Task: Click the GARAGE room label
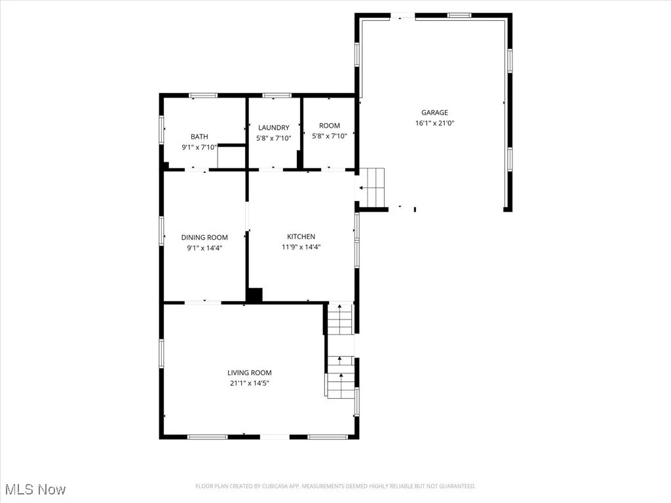[x=434, y=113]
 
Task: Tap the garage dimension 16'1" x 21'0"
[x=434, y=123]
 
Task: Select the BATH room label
[x=199, y=137]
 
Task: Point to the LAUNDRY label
[x=273, y=128]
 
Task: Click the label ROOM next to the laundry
[x=330, y=126]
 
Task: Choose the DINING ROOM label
[x=204, y=237]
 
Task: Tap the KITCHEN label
[x=301, y=236]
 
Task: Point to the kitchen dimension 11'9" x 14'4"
[x=301, y=247]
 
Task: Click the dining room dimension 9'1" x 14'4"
[x=204, y=248]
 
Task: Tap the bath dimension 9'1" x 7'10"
[x=199, y=147]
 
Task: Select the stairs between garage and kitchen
[x=375, y=187]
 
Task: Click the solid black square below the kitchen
[x=255, y=295]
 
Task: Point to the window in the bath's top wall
[x=203, y=96]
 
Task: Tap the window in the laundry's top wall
[x=277, y=96]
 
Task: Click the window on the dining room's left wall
[x=161, y=231]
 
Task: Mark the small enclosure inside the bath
[x=231, y=157]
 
